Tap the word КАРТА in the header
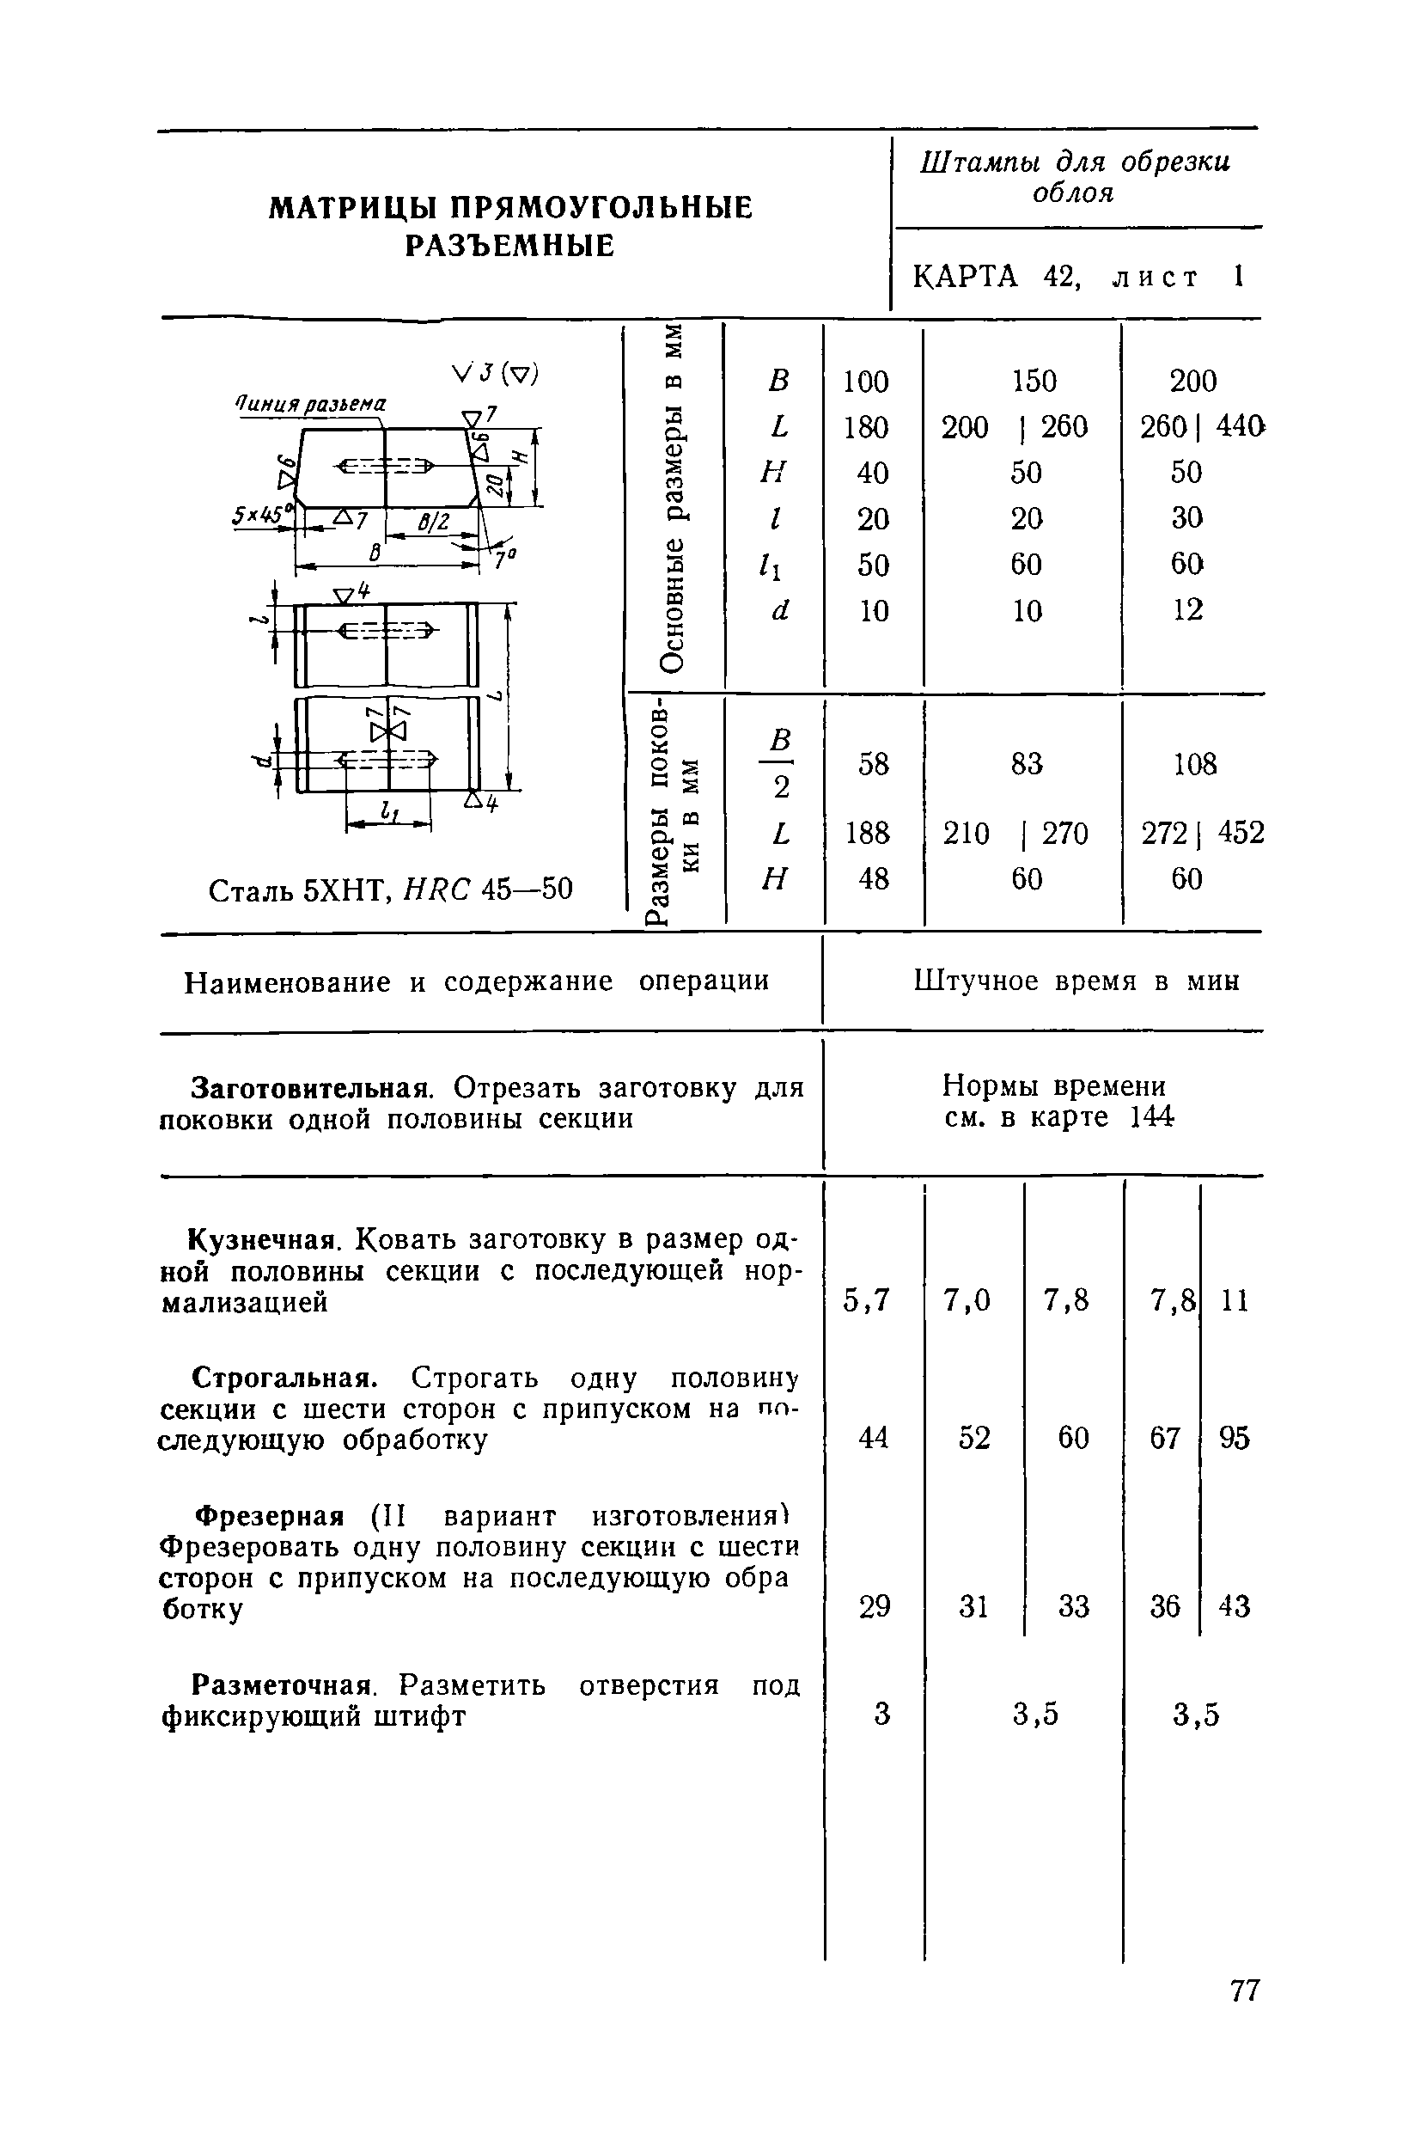(x=965, y=276)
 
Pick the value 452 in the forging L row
(x=1241, y=832)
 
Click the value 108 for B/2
(x=1194, y=764)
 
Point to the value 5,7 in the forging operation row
(x=867, y=1301)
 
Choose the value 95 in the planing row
(x=1235, y=1438)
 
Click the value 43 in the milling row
(x=1235, y=1607)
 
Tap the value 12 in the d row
(x=1187, y=610)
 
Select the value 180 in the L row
(x=865, y=426)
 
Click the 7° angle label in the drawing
(x=503, y=561)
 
